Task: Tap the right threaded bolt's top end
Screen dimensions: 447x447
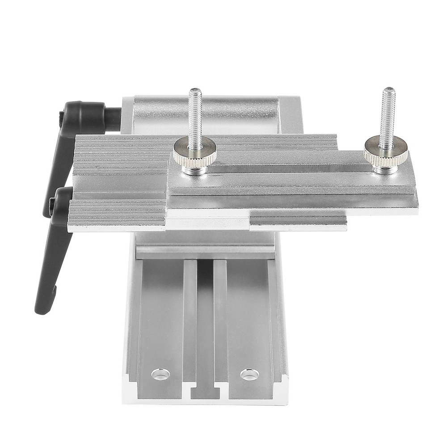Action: [388, 91]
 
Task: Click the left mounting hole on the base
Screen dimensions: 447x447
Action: [160, 374]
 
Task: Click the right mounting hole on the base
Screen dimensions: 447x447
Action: [249, 374]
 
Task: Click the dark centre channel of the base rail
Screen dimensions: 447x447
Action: [205, 313]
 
